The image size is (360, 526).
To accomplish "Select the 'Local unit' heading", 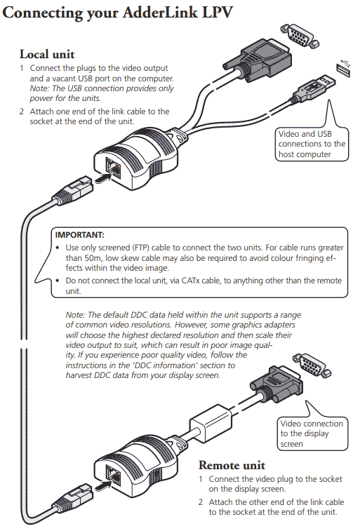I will [x=47, y=54].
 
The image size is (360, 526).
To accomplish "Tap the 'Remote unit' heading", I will [x=232, y=465].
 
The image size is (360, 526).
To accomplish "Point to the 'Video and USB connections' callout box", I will [x=312, y=144].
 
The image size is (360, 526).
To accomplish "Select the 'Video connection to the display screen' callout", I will [x=312, y=433].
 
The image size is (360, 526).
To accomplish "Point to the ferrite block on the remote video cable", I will [x=208, y=420].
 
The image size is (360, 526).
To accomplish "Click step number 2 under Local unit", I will [x=22, y=112].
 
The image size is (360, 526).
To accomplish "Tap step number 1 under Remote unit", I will [x=201, y=479].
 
